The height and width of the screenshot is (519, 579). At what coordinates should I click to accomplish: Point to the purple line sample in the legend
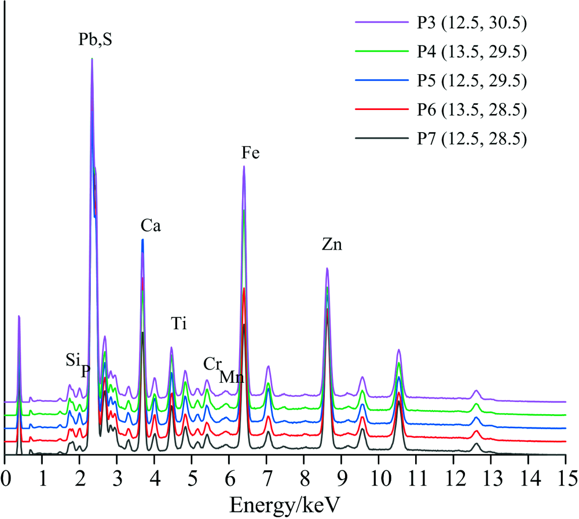380,23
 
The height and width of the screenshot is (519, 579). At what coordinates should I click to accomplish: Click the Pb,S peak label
96,41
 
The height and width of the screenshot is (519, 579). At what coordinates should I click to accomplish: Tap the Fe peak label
251,153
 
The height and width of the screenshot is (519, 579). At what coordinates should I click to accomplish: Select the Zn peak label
332,244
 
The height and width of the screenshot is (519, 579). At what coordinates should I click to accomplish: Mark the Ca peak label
151,226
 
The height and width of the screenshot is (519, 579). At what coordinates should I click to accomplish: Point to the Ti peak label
179,323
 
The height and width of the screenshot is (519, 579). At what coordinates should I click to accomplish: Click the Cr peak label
212,364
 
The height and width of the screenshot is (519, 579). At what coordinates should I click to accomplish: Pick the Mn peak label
232,377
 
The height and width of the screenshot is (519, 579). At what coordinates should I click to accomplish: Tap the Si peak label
72,360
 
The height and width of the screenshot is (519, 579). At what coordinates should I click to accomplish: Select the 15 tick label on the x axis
565,480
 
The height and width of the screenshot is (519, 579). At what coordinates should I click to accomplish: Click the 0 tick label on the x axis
5,480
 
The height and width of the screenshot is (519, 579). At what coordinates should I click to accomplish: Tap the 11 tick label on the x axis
416,480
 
